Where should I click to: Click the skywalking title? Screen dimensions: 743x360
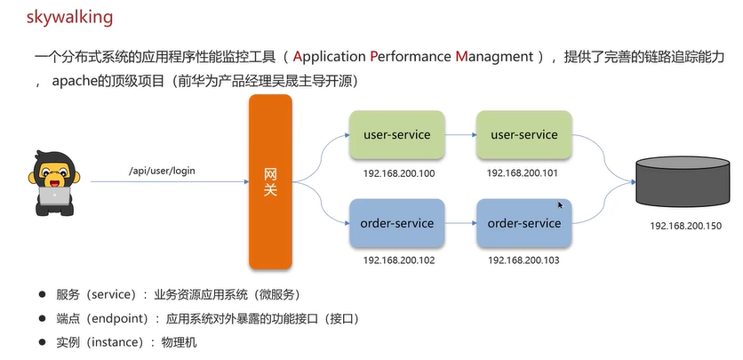pos(69,17)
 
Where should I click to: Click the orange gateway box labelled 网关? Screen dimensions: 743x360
pos(270,182)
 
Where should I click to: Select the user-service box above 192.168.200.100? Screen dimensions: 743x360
pos(397,134)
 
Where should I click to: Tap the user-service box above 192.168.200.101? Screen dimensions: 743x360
pos(524,134)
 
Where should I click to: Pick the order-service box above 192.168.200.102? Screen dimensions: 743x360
pos(397,223)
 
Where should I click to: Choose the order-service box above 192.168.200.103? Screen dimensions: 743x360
pos(524,223)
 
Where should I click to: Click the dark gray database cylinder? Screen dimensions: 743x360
pos(683,181)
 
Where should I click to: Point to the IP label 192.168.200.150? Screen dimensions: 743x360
pos(685,226)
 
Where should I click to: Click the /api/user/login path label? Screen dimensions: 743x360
pos(162,171)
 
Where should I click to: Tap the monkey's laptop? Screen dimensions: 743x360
pos(54,196)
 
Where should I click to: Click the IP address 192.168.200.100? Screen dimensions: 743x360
pos(399,174)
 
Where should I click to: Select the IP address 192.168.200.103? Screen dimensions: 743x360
pos(523,260)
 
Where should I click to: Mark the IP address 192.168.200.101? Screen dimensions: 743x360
pos(523,173)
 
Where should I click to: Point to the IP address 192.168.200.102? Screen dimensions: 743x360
pos(399,260)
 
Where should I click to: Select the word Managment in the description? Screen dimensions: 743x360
pos(494,57)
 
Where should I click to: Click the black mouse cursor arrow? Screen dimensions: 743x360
pos(561,205)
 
